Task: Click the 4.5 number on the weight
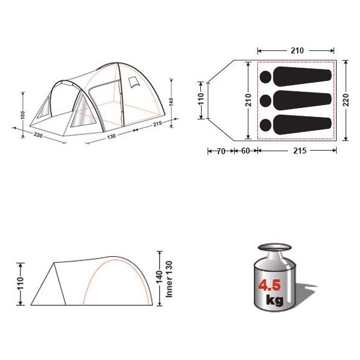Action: pos(269,285)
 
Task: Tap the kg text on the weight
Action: pos(275,300)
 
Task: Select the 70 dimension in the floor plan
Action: pos(221,151)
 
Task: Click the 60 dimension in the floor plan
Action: pos(245,151)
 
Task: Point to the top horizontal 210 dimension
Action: pos(297,50)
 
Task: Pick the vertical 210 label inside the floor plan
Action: pos(248,100)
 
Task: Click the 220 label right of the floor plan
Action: pos(346,100)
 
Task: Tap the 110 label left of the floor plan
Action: pos(201,98)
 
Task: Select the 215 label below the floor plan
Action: pos(300,151)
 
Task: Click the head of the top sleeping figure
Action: pos(266,77)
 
